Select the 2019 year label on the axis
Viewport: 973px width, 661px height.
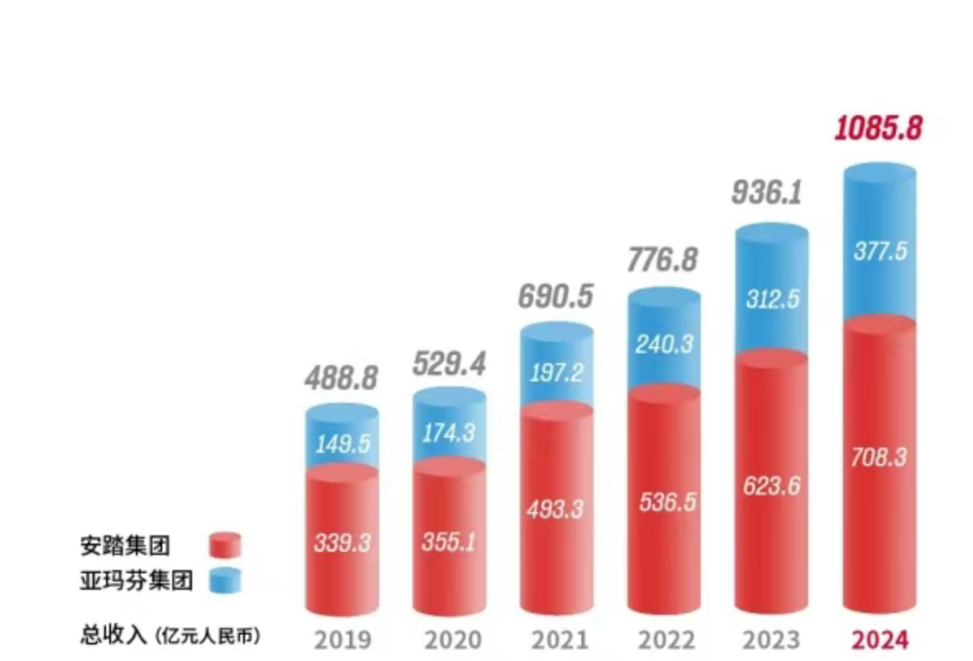(x=342, y=640)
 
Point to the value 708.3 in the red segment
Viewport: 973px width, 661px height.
(x=879, y=456)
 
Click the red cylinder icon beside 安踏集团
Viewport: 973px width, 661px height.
(x=224, y=546)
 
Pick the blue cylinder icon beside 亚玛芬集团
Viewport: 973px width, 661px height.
(x=224, y=580)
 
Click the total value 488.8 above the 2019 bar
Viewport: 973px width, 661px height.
(x=340, y=378)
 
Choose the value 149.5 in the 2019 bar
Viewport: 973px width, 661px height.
(x=342, y=443)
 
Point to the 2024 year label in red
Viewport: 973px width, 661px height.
(x=879, y=640)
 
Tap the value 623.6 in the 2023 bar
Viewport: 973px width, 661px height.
(x=771, y=486)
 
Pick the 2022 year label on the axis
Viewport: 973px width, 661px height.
(x=664, y=640)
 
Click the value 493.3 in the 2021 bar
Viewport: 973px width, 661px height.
(x=556, y=507)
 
